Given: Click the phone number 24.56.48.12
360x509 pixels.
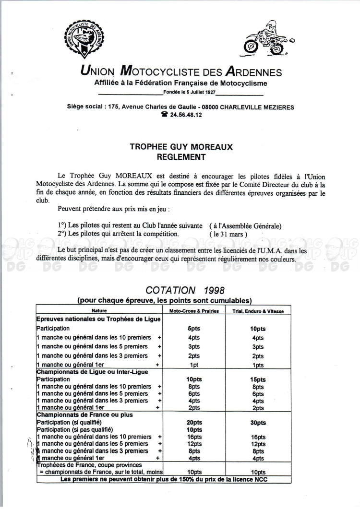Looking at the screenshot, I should pos(184,115).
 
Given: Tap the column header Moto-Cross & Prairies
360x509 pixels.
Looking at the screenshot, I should pos(194,311).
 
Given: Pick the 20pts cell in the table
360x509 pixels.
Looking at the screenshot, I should pos(194,423).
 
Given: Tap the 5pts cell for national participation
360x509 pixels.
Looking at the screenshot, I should pos(194,329).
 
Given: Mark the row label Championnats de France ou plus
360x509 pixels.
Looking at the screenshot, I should pos(84,414).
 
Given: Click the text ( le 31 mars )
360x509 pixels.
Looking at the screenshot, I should pos(229,234).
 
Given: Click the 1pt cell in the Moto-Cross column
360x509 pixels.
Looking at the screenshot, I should pos(194,365).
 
